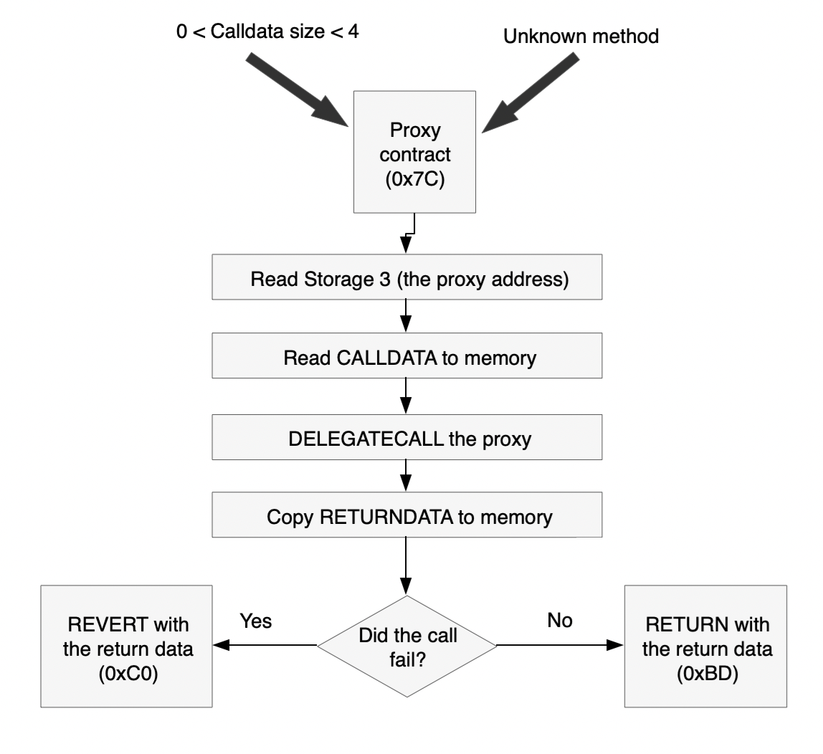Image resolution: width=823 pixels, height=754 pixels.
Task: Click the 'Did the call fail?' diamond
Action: point(406,645)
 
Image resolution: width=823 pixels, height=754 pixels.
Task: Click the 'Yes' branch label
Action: point(256,621)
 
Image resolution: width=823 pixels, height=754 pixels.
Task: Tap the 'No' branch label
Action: point(559,621)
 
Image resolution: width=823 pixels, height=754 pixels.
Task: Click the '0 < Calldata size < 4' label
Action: point(266,33)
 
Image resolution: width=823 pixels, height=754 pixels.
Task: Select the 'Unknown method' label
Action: point(581,37)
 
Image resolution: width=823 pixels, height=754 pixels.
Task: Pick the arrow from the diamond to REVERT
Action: point(265,645)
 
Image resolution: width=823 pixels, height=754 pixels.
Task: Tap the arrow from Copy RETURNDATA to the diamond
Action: point(406,566)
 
